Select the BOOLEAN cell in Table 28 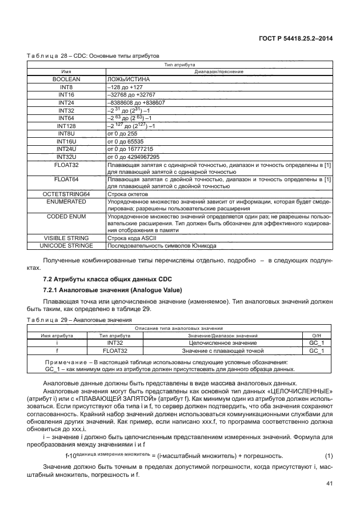tap(66, 79)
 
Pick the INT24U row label tap(66, 149)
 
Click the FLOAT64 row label tap(66, 180)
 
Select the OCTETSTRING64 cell tap(66, 194)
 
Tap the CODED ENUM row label tap(66, 217)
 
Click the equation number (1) tap(329, 455)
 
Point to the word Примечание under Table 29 tap(64, 362)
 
